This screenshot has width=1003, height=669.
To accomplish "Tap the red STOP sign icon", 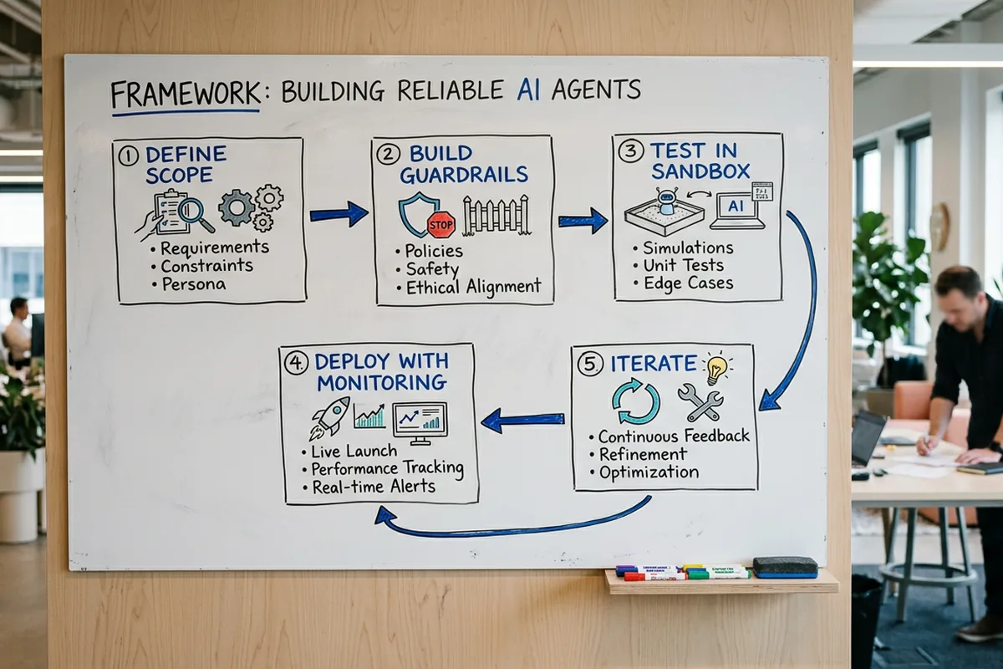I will click(x=440, y=224).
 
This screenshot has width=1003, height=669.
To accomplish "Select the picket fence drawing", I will click(x=496, y=216).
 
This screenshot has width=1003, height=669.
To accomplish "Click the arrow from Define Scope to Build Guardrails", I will click(x=339, y=214).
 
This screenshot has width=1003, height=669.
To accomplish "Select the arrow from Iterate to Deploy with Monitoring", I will click(x=523, y=420).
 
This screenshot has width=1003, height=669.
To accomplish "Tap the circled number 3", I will click(x=629, y=151).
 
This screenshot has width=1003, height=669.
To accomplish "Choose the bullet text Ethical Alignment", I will click(x=473, y=288).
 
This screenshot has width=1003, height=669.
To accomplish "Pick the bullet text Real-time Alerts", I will click(x=373, y=487).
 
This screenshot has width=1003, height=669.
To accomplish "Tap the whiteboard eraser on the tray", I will click(x=785, y=567).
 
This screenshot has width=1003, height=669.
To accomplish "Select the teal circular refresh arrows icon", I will click(x=635, y=401).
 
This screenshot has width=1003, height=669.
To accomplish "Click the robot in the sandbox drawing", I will click(x=666, y=201).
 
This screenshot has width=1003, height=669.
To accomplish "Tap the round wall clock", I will click(x=939, y=226).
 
